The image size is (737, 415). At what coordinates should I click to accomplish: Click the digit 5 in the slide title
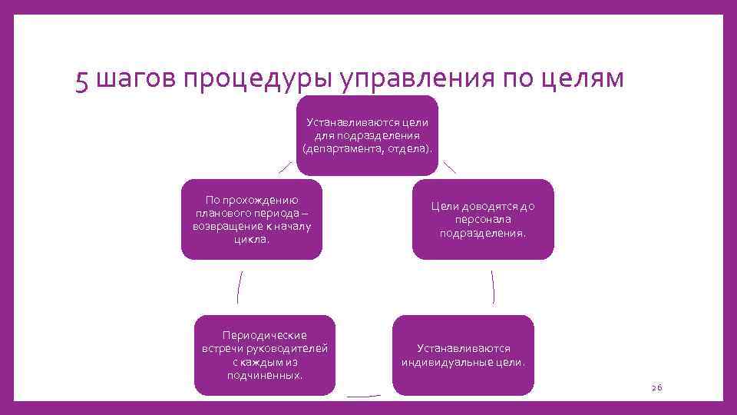click(83, 80)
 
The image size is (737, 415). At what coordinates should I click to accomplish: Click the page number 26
click(656, 389)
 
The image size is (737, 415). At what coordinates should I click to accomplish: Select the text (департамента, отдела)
click(368, 148)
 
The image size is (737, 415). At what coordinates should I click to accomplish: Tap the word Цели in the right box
click(445, 206)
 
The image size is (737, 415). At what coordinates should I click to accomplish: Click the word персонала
click(483, 219)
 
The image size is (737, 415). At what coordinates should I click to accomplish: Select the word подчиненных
click(264, 375)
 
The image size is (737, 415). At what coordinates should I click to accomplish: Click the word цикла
click(252, 239)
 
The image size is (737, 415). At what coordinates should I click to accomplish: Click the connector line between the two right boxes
click(492, 287)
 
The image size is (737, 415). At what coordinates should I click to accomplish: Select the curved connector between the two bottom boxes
click(363, 397)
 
